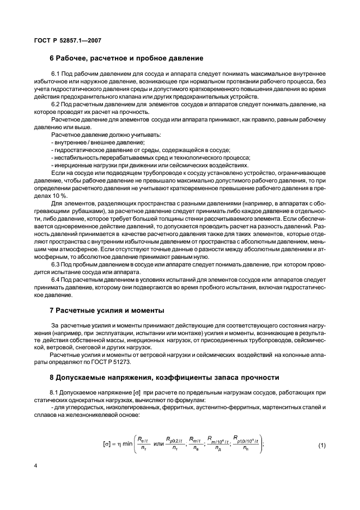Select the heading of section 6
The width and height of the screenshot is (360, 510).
(x=127, y=58)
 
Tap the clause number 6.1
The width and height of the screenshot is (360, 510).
(x=56, y=74)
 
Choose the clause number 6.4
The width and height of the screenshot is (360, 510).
(x=56, y=280)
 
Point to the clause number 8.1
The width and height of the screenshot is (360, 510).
(x=56, y=392)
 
